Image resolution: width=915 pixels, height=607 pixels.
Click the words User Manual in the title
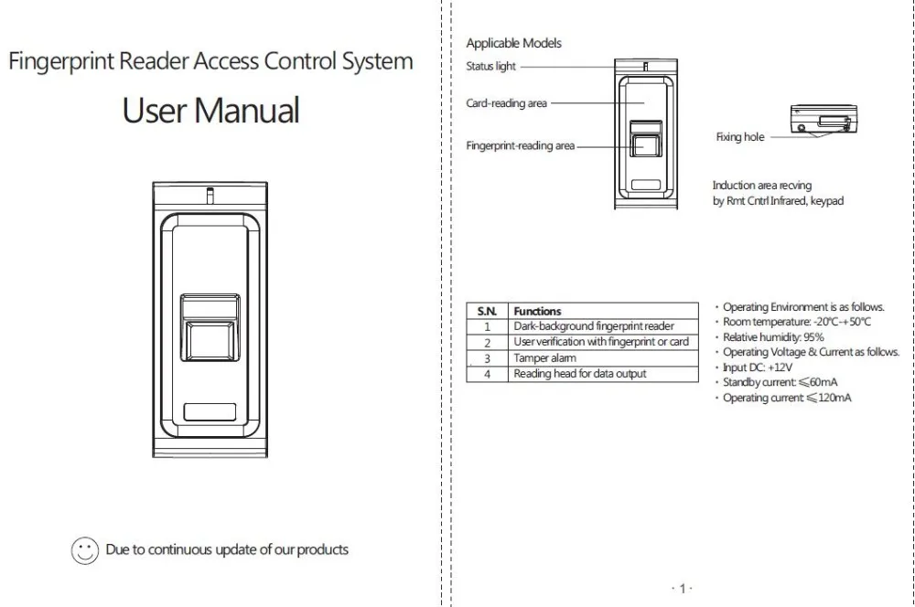tap(210, 111)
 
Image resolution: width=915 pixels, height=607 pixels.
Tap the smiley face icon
tap(84, 550)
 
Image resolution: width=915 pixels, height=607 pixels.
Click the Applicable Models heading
tap(513, 43)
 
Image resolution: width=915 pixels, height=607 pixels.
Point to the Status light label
tap(490, 67)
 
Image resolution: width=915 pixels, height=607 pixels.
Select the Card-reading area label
tap(507, 103)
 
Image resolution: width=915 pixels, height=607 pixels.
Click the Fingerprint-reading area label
tap(521, 145)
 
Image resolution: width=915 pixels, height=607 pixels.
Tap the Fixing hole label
tap(740, 137)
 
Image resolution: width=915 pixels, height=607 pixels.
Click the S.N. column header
tap(488, 311)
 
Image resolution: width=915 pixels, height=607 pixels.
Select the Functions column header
tap(537, 311)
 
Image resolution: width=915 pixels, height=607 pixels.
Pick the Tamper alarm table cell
tap(545, 358)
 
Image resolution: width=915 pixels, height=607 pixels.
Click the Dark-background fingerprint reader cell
tap(594, 326)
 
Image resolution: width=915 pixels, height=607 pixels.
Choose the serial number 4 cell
tap(488, 374)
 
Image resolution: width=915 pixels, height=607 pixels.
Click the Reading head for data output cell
tap(580, 373)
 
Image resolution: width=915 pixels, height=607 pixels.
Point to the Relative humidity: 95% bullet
tap(773, 337)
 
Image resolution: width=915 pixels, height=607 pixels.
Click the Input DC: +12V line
tap(758, 367)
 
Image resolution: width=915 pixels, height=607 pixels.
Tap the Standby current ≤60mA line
tap(780, 382)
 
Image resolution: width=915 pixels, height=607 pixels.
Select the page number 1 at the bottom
tap(683, 589)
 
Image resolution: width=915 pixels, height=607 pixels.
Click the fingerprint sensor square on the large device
tap(210, 341)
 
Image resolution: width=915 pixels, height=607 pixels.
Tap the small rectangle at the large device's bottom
tap(210, 411)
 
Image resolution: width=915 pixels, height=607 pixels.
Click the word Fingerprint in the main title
tap(61, 61)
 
